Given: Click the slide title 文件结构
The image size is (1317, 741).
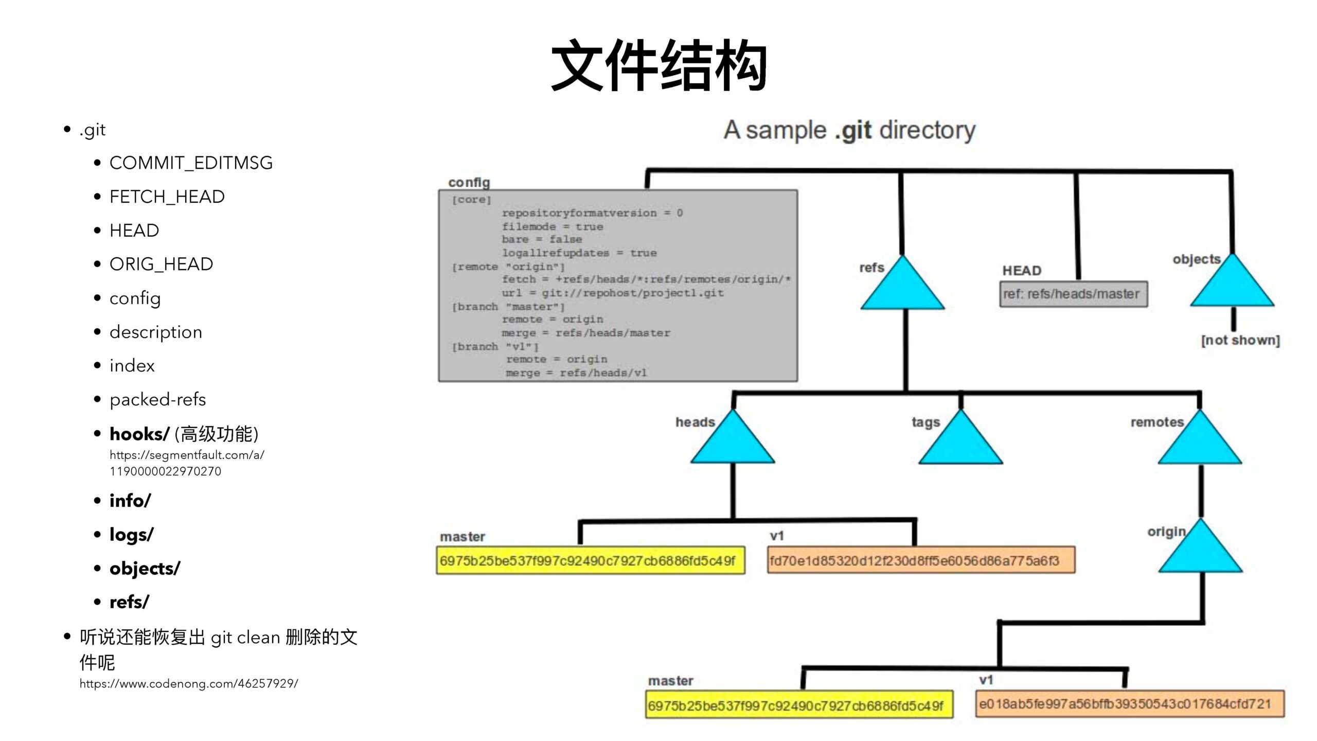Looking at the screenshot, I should click(658, 66).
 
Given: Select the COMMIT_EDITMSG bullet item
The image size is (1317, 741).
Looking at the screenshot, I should click(191, 163).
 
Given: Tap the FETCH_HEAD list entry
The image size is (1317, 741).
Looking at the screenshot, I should click(167, 197).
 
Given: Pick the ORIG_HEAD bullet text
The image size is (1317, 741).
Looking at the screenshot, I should click(161, 264).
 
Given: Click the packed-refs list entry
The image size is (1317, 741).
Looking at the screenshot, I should click(157, 400).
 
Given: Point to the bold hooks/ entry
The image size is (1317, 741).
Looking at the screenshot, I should click(139, 434).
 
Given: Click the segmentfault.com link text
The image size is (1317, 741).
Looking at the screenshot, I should click(186, 463).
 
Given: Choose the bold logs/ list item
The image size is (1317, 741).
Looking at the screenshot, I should click(131, 535).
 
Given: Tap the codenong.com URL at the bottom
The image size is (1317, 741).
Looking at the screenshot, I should click(188, 684).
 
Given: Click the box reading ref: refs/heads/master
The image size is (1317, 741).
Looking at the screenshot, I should click(1073, 294).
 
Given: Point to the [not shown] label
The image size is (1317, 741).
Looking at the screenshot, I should click(1240, 341).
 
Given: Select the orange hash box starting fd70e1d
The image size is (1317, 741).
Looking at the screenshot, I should click(921, 560).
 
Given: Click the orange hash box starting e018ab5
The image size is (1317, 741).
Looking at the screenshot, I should click(1130, 704).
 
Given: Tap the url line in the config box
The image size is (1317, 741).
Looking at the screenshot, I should click(612, 293).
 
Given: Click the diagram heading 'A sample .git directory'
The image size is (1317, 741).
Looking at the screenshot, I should click(849, 130).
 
